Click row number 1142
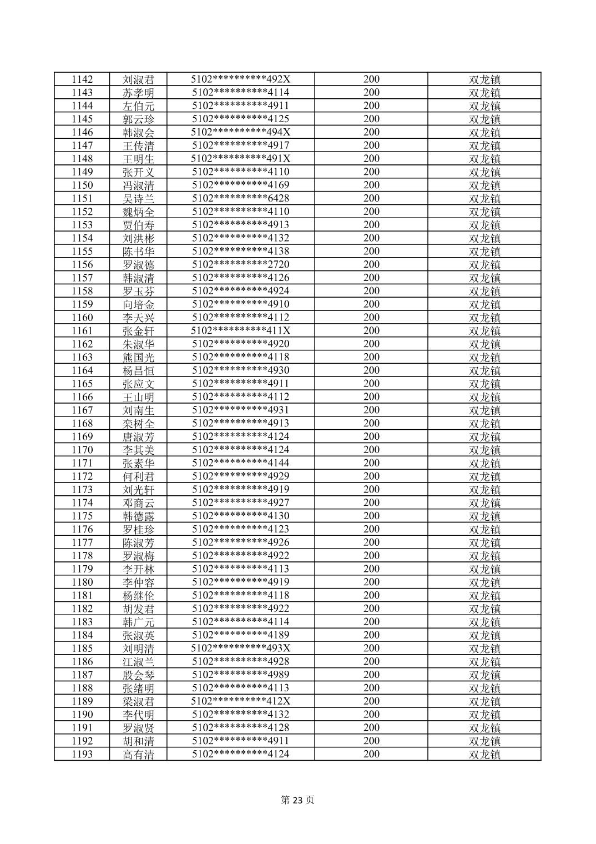[82, 79]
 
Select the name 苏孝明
[138, 93]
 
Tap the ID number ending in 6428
[240, 198]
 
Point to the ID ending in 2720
[240, 264]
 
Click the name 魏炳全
[138, 212]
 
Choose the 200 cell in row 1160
[371, 318]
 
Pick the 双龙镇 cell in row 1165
[484, 384]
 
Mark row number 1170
[82, 450]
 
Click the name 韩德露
[138, 516]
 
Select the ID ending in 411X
[240, 331]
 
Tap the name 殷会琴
[138, 675]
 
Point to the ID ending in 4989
[240, 675]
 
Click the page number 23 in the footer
[298, 800]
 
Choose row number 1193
[82, 754]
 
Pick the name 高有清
[138, 754]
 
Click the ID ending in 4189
[240, 635]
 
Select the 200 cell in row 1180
[371, 582]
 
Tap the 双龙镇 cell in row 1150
[484, 185]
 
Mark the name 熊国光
[138, 357]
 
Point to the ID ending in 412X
[240, 701]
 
